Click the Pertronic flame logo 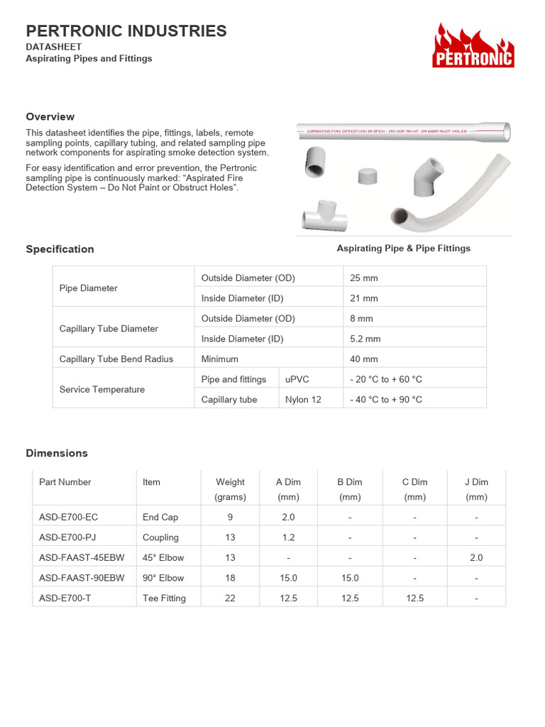(473, 45)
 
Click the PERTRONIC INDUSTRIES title (126, 31)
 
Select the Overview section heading (50, 116)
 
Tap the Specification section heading (60, 249)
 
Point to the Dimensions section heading (57, 453)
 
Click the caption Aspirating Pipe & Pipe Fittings (403, 248)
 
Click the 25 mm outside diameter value (364, 278)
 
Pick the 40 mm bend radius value (364, 359)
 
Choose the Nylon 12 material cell (303, 400)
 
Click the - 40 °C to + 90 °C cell (386, 400)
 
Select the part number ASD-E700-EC (68, 517)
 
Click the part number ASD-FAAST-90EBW (82, 578)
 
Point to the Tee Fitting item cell (164, 598)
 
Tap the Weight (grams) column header (230, 489)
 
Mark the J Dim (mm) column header (476, 489)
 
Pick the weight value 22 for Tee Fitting (230, 598)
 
